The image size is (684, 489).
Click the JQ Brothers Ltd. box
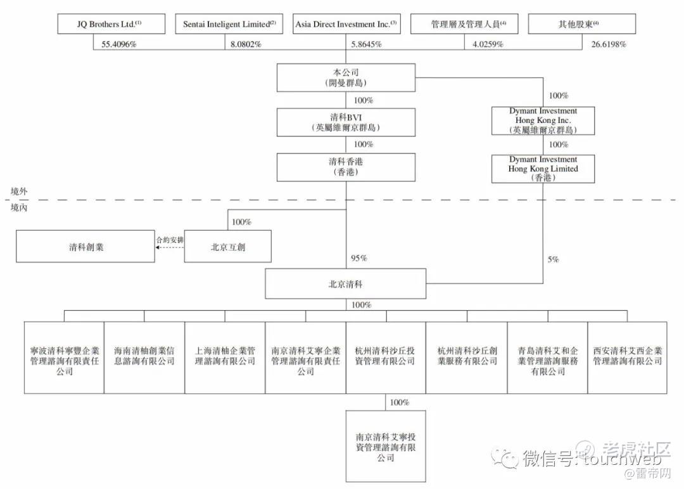(x=111, y=24)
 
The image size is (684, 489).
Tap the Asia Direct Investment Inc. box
(x=346, y=24)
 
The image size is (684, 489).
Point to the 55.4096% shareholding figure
(x=120, y=44)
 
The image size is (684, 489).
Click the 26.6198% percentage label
(x=609, y=44)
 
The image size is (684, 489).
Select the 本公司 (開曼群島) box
(x=346, y=78)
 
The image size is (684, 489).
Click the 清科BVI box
(x=346, y=122)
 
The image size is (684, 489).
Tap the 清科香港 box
(x=346, y=167)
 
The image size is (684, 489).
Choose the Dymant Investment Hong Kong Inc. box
(x=543, y=121)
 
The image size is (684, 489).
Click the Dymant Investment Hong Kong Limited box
(x=543, y=169)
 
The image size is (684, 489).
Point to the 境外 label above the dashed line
(x=20, y=191)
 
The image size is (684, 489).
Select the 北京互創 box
(x=228, y=247)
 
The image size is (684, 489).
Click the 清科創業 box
(x=85, y=247)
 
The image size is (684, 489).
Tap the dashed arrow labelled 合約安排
(x=169, y=249)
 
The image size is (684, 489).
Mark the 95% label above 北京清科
(x=359, y=259)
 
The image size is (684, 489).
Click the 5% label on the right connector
(x=553, y=259)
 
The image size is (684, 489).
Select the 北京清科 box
(x=346, y=284)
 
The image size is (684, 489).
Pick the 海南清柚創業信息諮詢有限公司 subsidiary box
(x=144, y=357)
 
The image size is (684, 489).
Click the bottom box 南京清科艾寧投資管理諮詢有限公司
(x=386, y=447)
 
